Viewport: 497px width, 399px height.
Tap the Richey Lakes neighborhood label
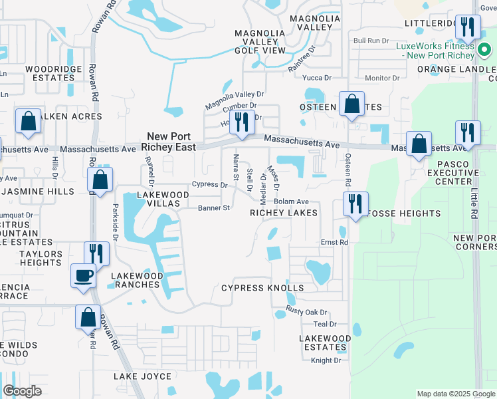click(284, 213)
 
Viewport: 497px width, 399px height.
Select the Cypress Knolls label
click(262, 288)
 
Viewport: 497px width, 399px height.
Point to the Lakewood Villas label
click(163, 199)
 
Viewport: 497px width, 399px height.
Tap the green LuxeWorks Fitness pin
click(484, 51)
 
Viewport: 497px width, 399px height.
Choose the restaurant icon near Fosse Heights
click(355, 202)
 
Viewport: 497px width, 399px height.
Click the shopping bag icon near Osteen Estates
click(351, 104)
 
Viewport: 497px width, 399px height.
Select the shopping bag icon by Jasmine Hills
click(100, 180)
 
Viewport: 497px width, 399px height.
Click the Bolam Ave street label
click(292, 201)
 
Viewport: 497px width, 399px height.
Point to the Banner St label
click(214, 208)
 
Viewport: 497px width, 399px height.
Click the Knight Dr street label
click(326, 360)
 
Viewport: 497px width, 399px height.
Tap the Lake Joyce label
click(142, 376)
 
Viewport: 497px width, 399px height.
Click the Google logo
click(22, 391)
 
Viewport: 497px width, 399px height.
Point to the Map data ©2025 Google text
click(455, 394)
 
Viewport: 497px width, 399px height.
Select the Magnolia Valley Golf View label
click(260, 41)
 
